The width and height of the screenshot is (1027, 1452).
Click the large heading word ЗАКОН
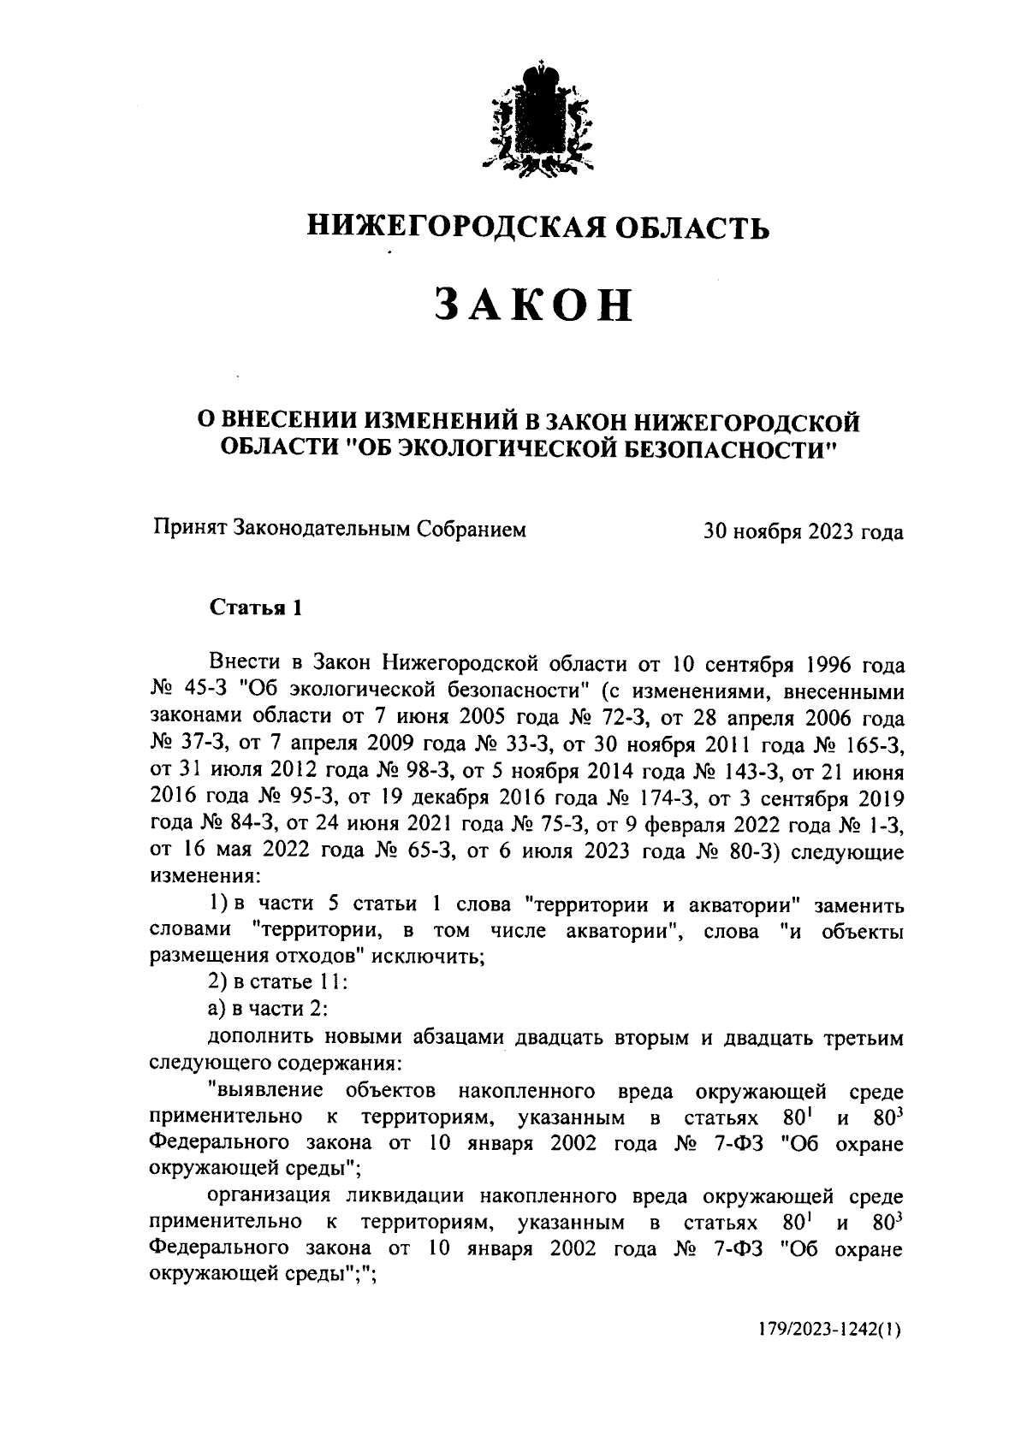click(x=532, y=305)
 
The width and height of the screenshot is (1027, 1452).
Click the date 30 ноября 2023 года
click(x=803, y=531)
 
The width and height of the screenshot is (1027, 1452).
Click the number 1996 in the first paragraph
click(x=823, y=664)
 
